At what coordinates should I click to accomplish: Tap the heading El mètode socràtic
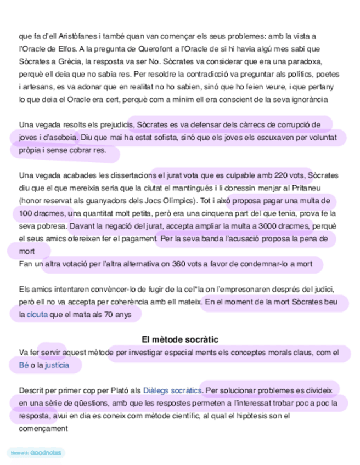[x=179, y=340]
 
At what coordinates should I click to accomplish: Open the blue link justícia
[x=57, y=365]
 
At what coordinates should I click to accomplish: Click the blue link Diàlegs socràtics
[x=172, y=391]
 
